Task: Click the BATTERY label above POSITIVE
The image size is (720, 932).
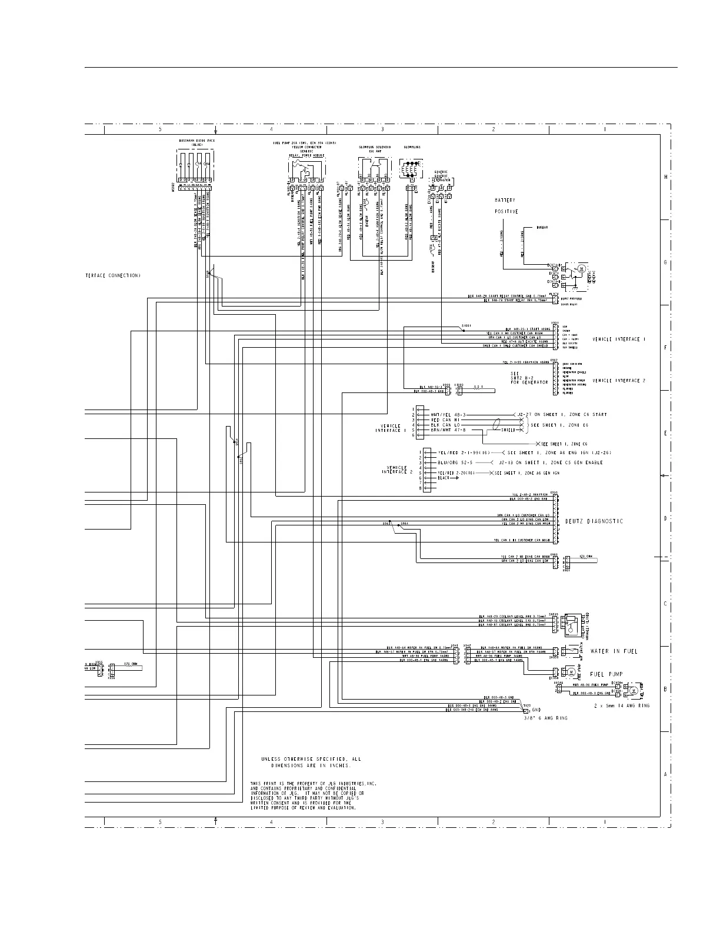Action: coord(505,201)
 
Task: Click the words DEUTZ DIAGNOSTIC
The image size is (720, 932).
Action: coord(594,521)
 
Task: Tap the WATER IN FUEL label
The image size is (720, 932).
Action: coord(614,651)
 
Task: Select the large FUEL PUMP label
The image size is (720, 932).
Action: coord(606,674)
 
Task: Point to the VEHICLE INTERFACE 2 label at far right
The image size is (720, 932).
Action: coord(619,381)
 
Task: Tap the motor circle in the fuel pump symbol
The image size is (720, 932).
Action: coord(571,671)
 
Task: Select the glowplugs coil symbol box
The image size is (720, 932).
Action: coord(410,169)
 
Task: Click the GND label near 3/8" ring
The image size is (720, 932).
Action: coord(536,710)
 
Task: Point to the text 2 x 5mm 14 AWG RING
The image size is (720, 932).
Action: coord(622,705)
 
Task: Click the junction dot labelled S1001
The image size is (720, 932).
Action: coord(464,331)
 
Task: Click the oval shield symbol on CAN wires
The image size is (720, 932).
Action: coord(496,424)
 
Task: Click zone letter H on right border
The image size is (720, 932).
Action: coord(666,177)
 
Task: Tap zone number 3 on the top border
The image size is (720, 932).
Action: coord(382,129)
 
